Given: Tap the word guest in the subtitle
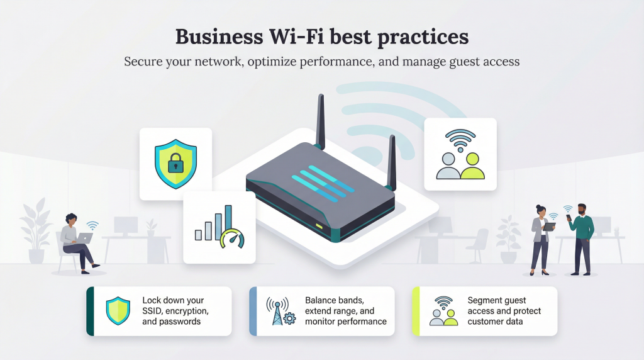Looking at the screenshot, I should click(463, 62).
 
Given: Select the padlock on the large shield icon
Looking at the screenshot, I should click(175, 165).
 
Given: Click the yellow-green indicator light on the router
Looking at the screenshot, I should click(319, 225).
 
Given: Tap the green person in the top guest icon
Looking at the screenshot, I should click(472, 166).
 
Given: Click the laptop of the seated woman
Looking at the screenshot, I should click(84, 238).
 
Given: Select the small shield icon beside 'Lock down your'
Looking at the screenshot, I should click(118, 311).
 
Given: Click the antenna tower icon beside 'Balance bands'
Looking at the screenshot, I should click(277, 311).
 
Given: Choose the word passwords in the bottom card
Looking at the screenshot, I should click(179, 322).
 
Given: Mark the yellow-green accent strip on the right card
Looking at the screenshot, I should click(415, 311).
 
